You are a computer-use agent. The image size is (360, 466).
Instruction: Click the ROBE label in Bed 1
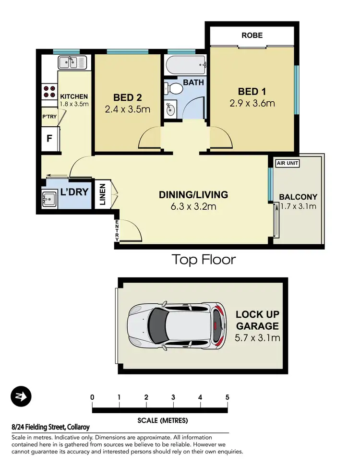click(252, 35)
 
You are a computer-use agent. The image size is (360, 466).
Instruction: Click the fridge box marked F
click(49, 140)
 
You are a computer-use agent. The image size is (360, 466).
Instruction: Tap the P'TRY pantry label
click(49, 116)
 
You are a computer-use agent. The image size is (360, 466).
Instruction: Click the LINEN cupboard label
click(103, 194)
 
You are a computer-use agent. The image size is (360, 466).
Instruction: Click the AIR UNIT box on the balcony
click(287, 163)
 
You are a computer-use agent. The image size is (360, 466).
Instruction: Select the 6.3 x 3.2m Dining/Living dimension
click(193, 207)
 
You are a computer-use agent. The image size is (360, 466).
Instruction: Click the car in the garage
click(176, 325)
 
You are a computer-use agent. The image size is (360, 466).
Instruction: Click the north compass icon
click(21, 396)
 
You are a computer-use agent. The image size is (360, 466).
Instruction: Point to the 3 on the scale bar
click(173, 397)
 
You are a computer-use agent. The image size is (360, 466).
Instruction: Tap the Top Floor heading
click(204, 260)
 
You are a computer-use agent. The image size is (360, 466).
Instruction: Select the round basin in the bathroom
click(170, 109)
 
